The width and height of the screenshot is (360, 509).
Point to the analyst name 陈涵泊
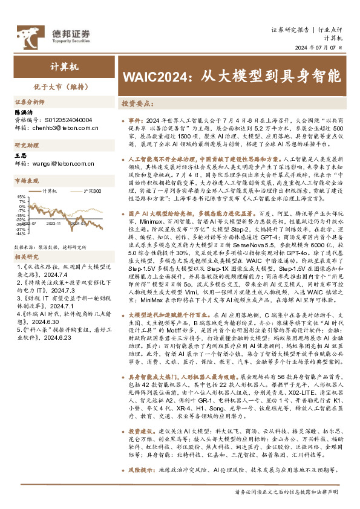click(23, 112)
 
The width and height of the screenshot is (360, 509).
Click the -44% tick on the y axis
click(20, 235)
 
